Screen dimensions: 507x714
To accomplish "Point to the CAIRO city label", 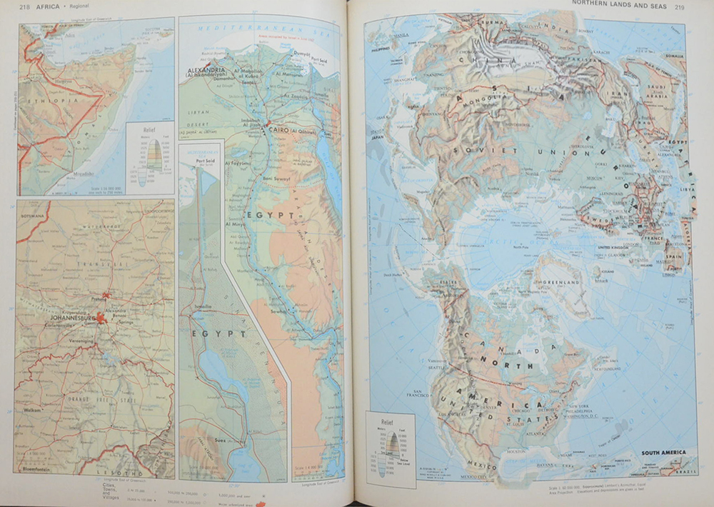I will point(278,130).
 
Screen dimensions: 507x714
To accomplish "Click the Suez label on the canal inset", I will point(220,441).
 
